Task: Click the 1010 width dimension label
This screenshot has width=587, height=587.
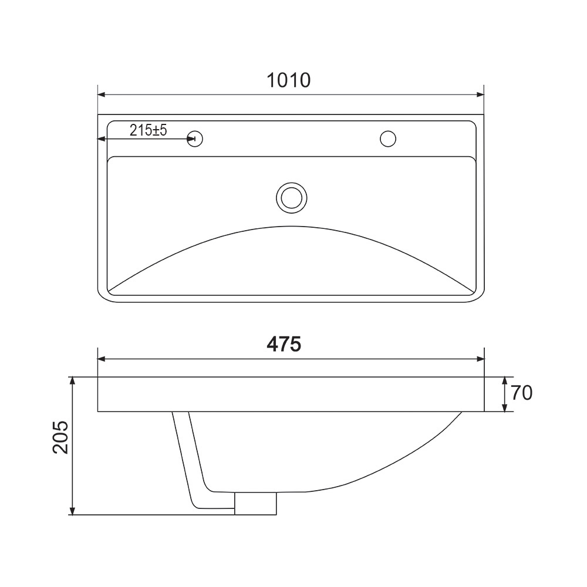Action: pyautogui.click(x=289, y=80)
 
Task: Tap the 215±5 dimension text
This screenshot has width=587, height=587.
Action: pyautogui.click(x=149, y=130)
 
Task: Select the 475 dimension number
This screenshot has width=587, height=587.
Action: pyautogui.click(x=284, y=344)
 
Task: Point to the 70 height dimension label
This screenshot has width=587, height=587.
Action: pyautogui.click(x=521, y=393)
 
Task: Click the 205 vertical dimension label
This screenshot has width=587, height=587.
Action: pyautogui.click(x=60, y=437)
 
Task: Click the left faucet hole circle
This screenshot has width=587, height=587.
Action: pyautogui.click(x=195, y=139)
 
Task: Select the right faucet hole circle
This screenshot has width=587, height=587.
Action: pyautogui.click(x=388, y=139)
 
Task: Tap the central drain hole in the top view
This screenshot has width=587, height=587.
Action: pyautogui.click(x=292, y=198)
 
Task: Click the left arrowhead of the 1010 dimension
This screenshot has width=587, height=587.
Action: pyautogui.click(x=102, y=95)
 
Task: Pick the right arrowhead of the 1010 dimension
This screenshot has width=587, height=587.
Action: pyautogui.click(x=480, y=95)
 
